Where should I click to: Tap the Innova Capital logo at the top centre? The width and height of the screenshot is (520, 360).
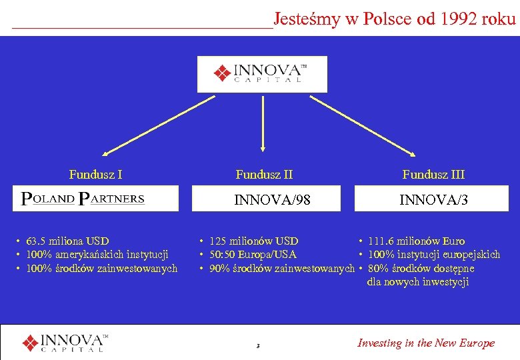coord(262,74)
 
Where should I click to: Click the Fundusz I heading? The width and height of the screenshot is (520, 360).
coord(95,175)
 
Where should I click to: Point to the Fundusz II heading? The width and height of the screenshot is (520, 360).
coord(264,175)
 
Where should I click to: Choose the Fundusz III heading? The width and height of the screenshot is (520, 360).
coord(433,175)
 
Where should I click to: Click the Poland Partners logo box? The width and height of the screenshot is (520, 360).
coord(96,199)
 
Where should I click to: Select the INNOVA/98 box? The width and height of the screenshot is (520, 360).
coord(271,199)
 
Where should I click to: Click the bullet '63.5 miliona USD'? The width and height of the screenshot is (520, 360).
coord(67,241)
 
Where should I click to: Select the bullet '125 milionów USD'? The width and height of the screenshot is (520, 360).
coord(253,241)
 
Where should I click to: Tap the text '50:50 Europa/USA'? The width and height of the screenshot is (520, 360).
coord(253,254)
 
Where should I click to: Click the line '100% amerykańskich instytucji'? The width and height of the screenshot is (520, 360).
coord(97,254)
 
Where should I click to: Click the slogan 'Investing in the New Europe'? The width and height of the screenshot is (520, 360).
coord(426,343)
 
